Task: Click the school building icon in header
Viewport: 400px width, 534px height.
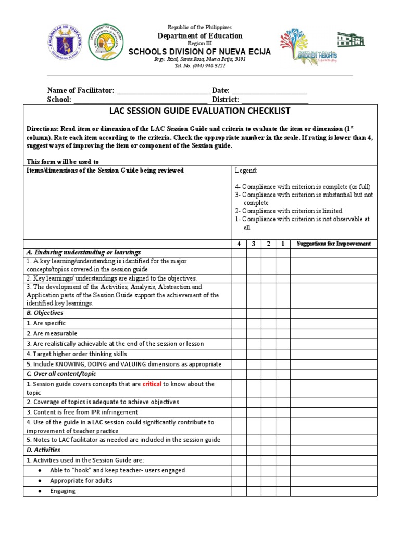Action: point(351,40)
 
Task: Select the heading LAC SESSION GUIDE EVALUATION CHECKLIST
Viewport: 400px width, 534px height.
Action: point(199,111)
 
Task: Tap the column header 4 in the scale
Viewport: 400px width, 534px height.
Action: point(239,244)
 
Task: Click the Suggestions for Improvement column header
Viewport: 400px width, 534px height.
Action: point(333,244)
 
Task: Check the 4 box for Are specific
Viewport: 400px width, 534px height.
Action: point(239,323)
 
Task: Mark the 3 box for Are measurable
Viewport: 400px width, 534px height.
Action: point(254,334)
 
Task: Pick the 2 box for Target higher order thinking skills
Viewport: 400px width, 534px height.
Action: point(268,354)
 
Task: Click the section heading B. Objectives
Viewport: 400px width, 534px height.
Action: point(45,313)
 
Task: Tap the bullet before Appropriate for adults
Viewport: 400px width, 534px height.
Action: point(40,481)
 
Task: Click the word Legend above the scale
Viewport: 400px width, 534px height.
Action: point(246,171)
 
